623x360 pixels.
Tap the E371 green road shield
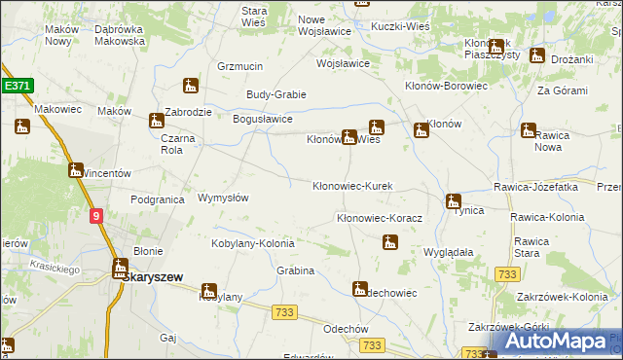(x=18, y=86)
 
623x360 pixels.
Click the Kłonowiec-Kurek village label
(x=352, y=186)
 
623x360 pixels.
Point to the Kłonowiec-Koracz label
(x=379, y=219)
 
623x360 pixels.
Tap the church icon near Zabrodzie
(x=190, y=86)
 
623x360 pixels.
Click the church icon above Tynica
(x=453, y=202)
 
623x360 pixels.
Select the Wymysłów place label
(x=223, y=198)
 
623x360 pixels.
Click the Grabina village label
(x=295, y=270)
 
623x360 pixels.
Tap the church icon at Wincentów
(x=76, y=170)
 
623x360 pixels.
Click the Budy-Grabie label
(x=276, y=94)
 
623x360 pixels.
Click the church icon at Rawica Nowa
(x=529, y=129)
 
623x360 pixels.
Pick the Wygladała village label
(x=448, y=251)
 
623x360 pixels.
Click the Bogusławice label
(x=263, y=119)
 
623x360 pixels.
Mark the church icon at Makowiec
(x=22, y=126)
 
